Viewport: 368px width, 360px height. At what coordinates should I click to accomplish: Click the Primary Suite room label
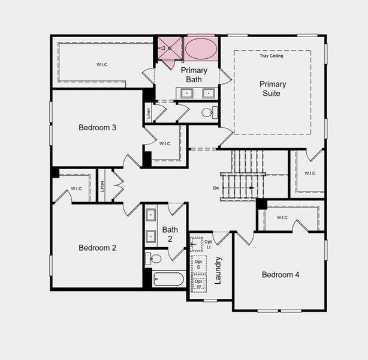273,89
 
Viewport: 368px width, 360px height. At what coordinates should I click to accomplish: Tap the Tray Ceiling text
271,56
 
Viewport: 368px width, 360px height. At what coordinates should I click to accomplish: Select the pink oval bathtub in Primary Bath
201,49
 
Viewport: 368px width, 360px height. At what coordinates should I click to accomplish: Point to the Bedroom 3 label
97,127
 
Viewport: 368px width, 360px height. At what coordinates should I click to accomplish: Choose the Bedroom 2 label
97,247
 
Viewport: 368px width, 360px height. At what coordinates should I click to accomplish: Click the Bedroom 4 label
280,275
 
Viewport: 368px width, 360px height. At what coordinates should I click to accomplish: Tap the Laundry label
218,269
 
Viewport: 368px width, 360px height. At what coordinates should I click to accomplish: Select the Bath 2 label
170,233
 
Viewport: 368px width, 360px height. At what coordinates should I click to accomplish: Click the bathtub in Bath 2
168,279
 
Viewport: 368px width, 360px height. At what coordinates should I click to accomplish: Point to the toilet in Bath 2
154,259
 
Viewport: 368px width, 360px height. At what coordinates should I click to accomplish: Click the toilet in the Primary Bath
207,112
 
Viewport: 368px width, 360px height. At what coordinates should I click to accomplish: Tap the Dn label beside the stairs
216,188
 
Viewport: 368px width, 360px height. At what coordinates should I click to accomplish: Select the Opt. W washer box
198,283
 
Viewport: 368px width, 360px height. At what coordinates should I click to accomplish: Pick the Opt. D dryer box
198,263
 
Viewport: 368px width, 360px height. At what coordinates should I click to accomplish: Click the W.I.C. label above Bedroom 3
102,64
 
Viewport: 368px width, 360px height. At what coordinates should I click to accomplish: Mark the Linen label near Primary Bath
148,112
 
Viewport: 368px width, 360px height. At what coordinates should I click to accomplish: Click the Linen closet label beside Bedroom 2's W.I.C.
102,186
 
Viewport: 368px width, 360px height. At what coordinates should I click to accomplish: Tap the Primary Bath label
194,75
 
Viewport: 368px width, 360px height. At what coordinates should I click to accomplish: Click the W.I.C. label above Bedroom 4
283,217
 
